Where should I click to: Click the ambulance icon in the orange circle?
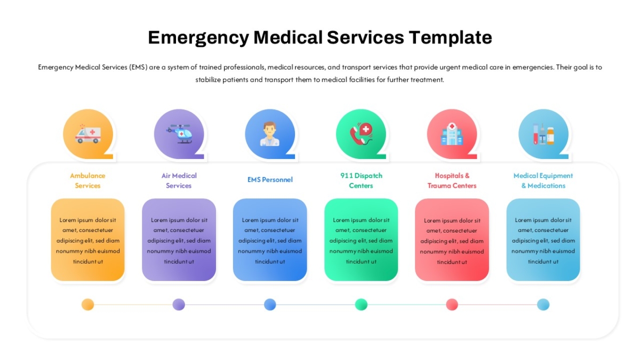[88, 134]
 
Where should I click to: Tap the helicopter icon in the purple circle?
[179, 134]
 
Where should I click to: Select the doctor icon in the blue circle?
[270, 134]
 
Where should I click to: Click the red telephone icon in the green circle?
[361, 134]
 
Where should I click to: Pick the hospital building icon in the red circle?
[452, 134]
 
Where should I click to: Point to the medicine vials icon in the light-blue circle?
[543, 134]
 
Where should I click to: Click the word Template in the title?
[450, 38]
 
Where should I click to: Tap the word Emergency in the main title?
[198, 38]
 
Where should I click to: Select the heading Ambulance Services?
[87, 181]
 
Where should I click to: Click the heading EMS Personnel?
[270, 180]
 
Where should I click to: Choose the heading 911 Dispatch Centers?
[361, 181]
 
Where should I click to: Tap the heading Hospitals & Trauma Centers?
[452, 181]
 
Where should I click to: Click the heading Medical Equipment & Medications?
[543, 181]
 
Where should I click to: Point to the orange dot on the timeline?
[87, 305]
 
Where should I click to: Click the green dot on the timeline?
[361, 305]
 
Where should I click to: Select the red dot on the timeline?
[452, 305]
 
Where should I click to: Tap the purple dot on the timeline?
[179, 305]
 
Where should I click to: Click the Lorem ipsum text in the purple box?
[179, 241]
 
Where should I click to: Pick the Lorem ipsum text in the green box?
[361, 241]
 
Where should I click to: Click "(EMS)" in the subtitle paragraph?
[138, 67]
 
